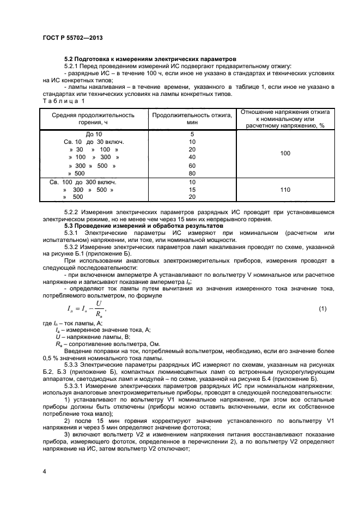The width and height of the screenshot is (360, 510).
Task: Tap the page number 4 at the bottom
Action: [44, 470]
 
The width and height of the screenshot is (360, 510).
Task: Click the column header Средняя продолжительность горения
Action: [93, 118]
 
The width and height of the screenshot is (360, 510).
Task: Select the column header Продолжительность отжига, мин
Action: [192, 118]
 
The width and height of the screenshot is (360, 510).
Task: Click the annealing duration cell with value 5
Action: [192, 134]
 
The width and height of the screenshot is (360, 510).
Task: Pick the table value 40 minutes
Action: [192, 157]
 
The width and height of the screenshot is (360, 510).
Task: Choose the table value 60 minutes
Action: [192, 166]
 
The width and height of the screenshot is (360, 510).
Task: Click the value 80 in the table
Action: [192, 174]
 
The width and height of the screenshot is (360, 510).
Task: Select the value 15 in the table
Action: [192, 190]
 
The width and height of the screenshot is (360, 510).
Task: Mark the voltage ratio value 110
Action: [285, 190]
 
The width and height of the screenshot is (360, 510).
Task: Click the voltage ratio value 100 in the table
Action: [285, 154]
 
